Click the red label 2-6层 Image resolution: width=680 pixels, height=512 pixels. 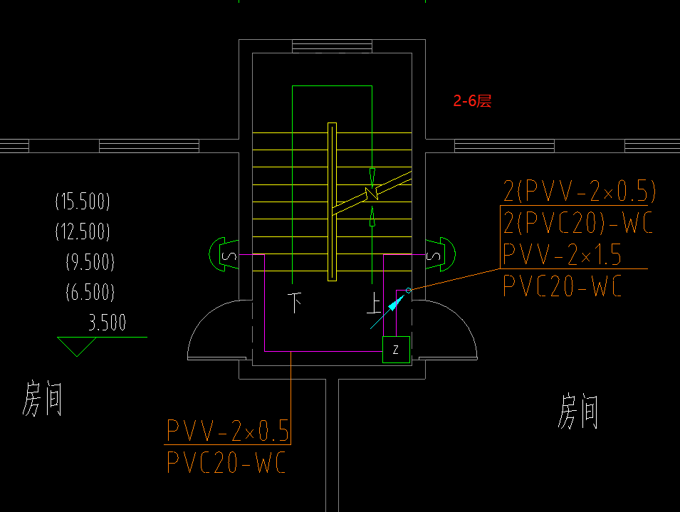tap(474, 101)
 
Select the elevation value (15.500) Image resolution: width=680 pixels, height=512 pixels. tap(83, 202)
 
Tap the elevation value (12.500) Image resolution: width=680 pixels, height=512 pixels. tap(83, 231)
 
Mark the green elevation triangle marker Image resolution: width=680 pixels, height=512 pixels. tap(77, 347)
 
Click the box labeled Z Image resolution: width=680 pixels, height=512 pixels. tap(396, 350)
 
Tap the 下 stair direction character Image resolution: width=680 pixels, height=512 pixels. tap(295, 303)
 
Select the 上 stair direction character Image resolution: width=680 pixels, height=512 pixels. tap(373, 303)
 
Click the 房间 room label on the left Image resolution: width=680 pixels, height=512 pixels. tap(43, 398)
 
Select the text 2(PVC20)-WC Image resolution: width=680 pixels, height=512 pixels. tap(577, 224)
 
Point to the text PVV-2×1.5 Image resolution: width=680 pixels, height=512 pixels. tap(563, 254)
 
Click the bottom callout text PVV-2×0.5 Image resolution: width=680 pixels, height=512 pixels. tap(228, 431)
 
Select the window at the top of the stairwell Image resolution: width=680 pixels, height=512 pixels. tap(332, 46)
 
